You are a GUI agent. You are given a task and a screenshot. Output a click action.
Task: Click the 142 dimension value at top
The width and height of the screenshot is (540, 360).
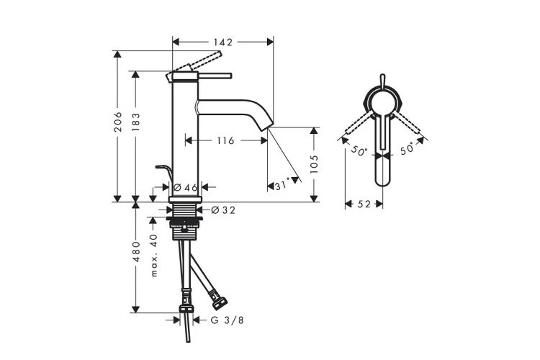tap(222, 42)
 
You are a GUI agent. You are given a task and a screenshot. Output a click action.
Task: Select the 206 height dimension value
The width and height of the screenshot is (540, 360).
tap(118, 122)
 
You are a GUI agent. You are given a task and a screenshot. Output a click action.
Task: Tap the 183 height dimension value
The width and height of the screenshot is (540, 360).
tap(136, 122)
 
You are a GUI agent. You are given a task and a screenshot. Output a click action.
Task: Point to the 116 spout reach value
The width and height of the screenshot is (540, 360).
tap(225, 140)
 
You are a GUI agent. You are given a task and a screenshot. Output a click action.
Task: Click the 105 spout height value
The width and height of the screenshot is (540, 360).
tap(314, 164)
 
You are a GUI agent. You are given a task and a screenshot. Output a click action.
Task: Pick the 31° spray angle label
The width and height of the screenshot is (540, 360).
tap(282, 186)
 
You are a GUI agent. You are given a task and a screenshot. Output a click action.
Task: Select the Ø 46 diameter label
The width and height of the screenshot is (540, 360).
tap(185, 187)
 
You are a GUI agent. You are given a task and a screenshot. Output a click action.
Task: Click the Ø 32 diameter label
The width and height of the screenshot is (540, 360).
tap(223, 210)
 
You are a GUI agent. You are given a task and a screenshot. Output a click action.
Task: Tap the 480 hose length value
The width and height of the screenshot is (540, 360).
tap(136, 252)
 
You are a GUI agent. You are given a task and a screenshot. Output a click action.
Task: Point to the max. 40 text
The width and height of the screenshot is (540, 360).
tap(154, 255)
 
